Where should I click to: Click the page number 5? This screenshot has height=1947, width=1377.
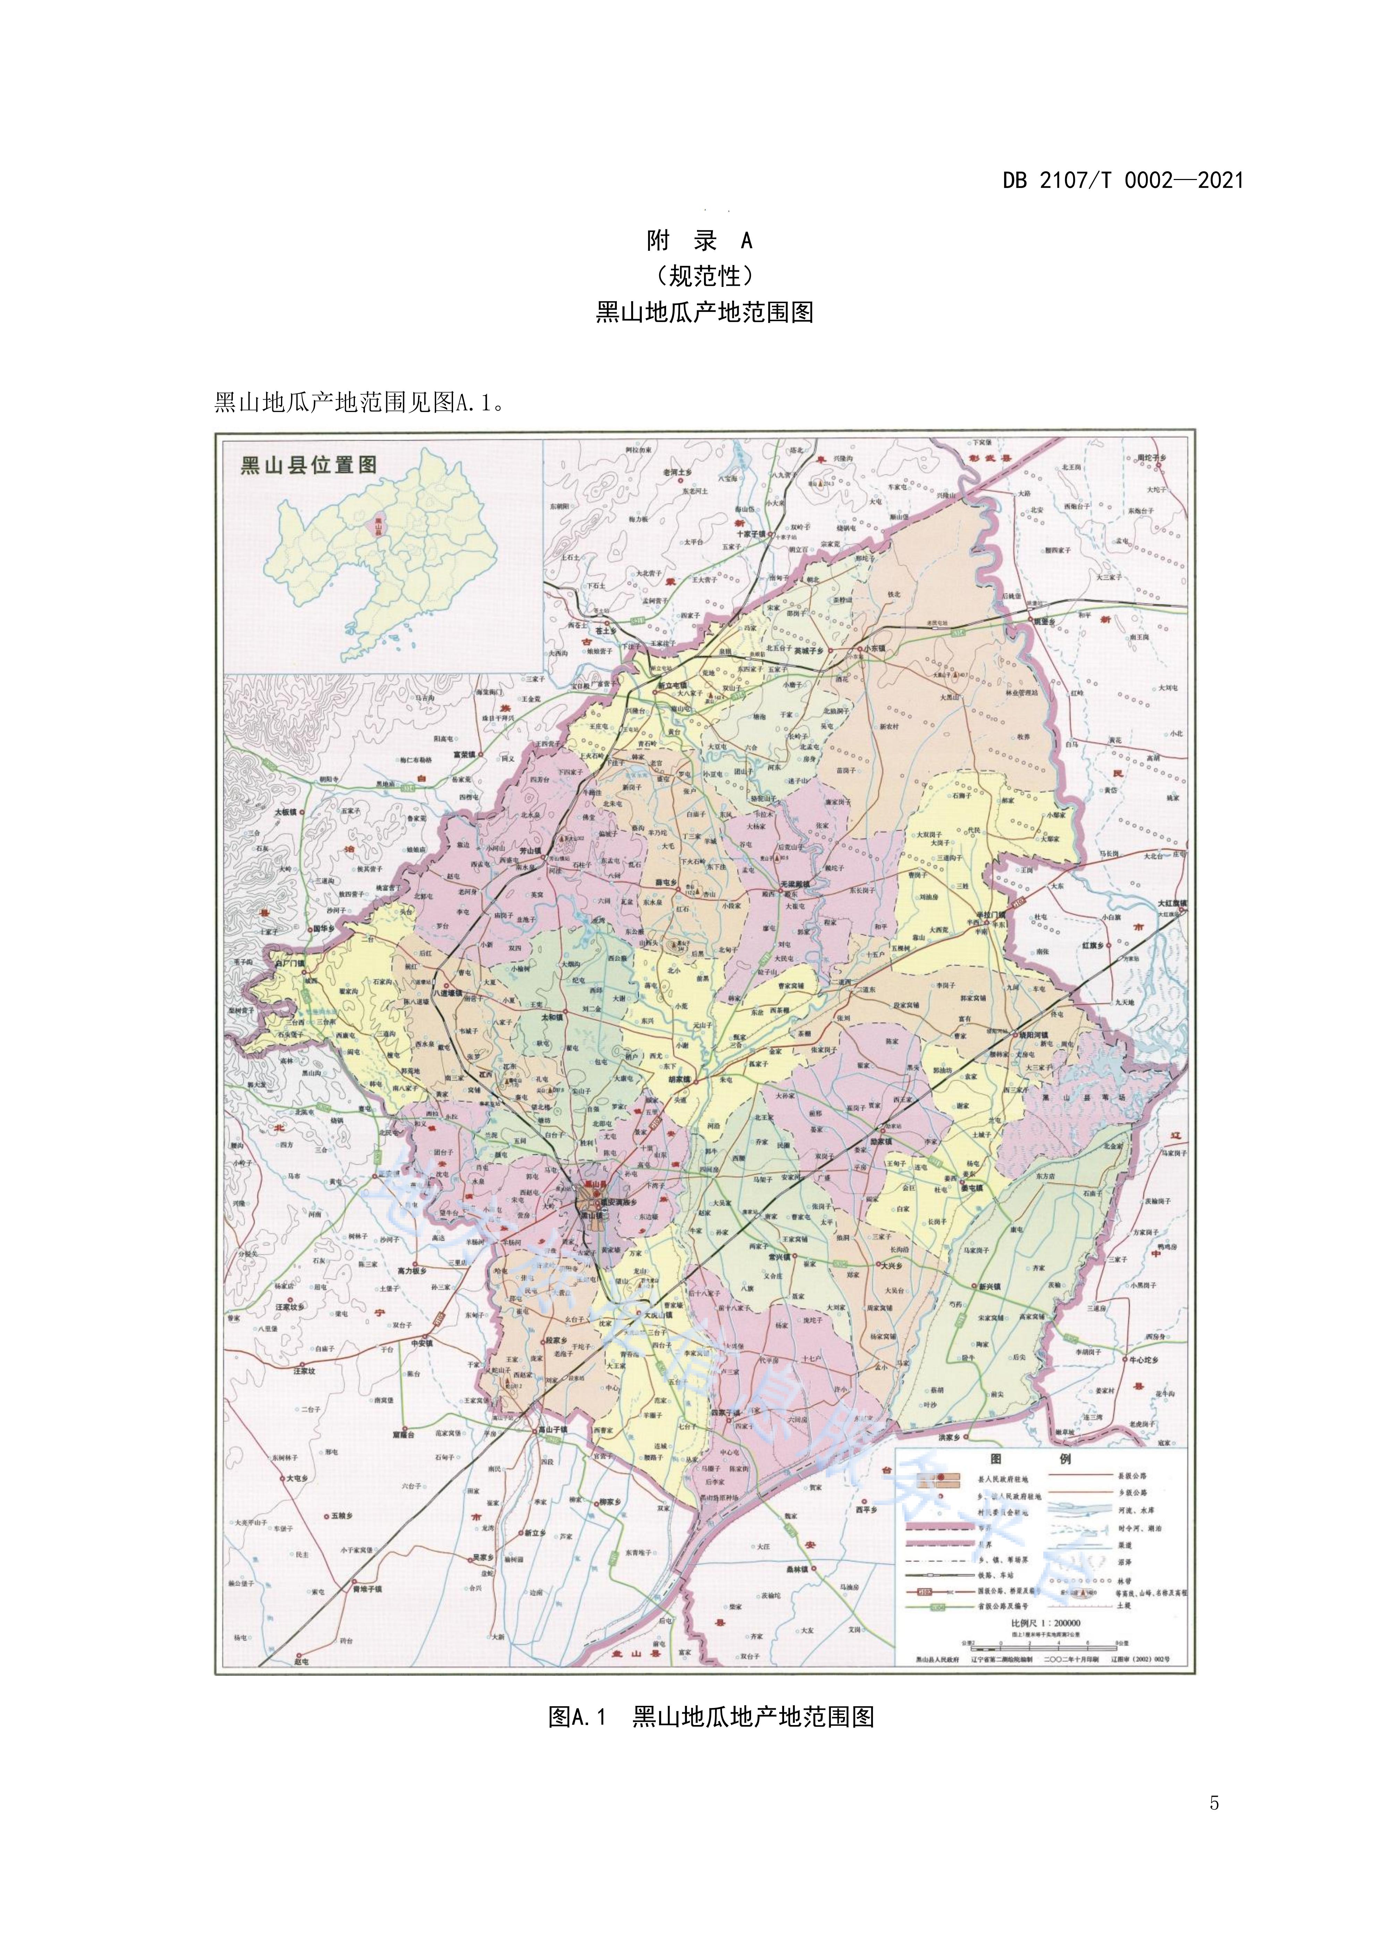point(1214,1803)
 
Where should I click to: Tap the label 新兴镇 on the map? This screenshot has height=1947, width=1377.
point(989,1287)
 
